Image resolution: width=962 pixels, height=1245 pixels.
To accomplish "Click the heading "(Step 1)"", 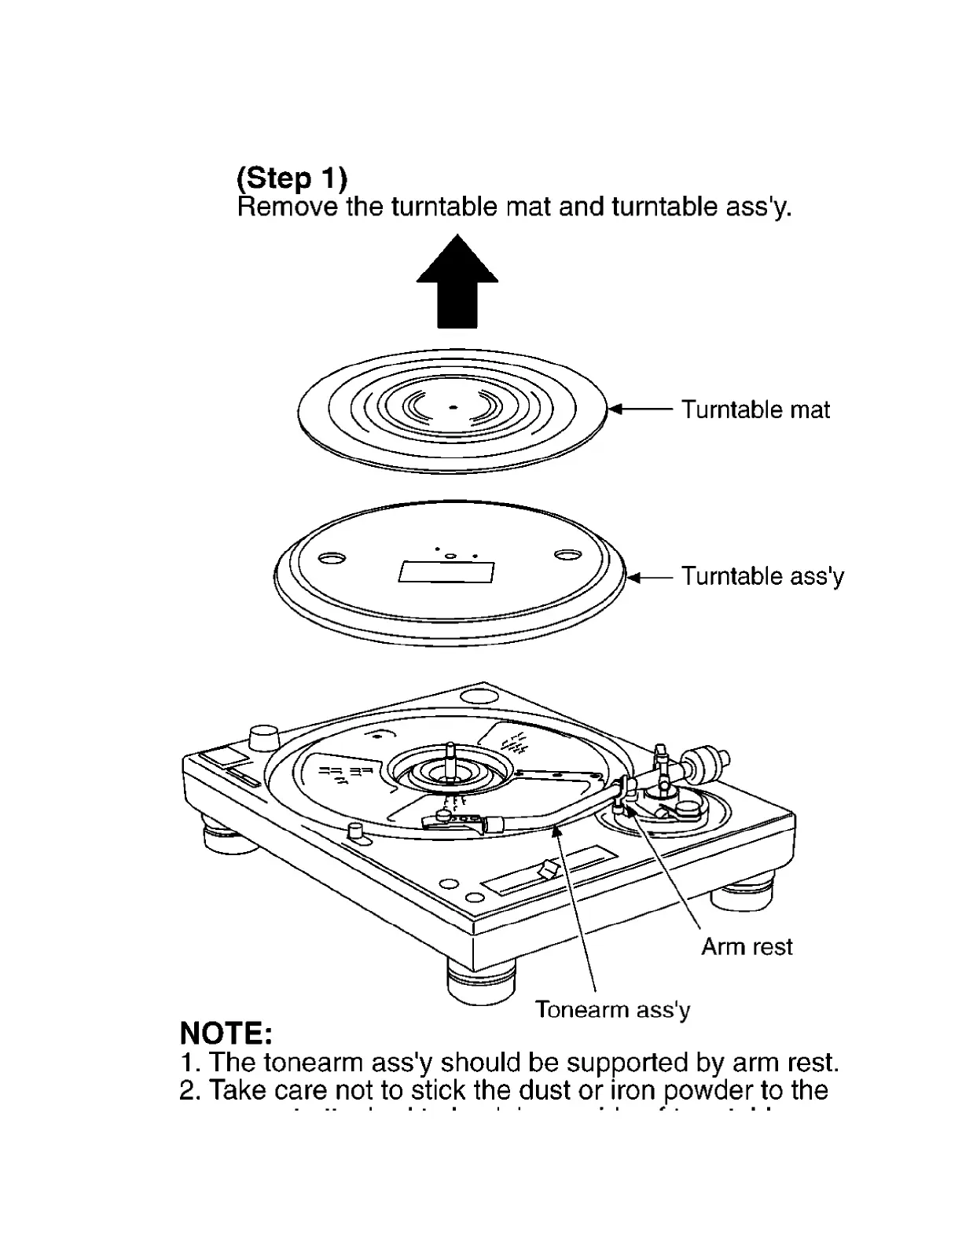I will click(292, 178).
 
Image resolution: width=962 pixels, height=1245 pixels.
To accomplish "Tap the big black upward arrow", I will click(457, 282).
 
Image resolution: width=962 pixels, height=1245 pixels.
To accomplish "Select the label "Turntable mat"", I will click(755, 409).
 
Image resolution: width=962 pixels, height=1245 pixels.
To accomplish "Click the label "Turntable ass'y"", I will click(762, 576).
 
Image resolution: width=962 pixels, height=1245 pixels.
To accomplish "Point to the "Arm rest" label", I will click(746, 946).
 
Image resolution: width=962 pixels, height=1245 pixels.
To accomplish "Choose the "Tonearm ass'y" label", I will click(612, 1009).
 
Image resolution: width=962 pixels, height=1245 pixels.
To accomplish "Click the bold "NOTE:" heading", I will click(226, 1032).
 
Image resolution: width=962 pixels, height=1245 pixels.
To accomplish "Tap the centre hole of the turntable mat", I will click(452, 408).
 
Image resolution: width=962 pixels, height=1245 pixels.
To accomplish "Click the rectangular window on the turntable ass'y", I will click(446, 571).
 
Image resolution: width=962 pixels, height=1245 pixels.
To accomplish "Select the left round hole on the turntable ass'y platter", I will click(332, 558).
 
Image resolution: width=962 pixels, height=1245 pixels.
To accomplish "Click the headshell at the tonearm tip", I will click(454, 821).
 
